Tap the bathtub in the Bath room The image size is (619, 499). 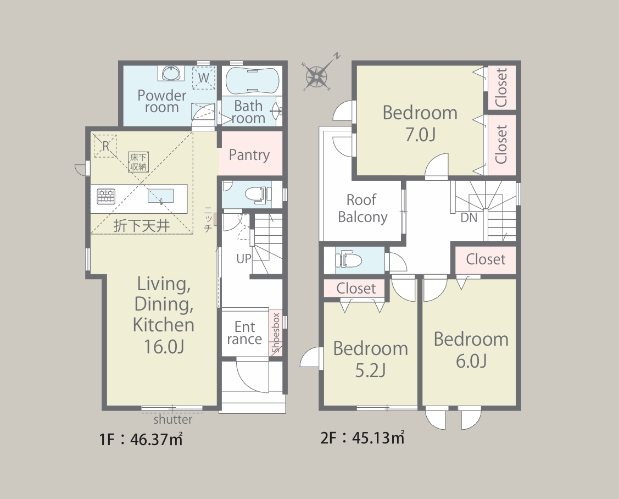[x=252, y=81]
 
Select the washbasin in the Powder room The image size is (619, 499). [x=171, y=73]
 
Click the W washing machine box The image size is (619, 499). [x=204, y=77]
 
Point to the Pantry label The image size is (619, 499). [x=249, y=155]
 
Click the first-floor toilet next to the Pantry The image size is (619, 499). [x=259, y=195]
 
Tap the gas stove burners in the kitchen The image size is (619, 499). [x=106, y=196]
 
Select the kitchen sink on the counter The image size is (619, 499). [x=161, y=196]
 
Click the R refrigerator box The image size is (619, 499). [x=105, y=146]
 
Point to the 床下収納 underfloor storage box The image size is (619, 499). [x=138, y=162]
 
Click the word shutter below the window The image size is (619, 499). [x=173, y=419]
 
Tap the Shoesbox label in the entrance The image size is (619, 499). [x=276, y=332]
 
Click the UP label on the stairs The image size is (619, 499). [x=244, y=259]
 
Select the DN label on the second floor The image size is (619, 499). [x=469, y=217]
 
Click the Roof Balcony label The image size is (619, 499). [x=363, y=208]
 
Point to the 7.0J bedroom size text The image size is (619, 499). [x=420, y=135]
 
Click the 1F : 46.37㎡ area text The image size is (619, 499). [x=141, y=439]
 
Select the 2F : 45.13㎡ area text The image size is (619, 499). [x=363, y=438]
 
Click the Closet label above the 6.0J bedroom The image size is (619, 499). [x=486, y=259]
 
